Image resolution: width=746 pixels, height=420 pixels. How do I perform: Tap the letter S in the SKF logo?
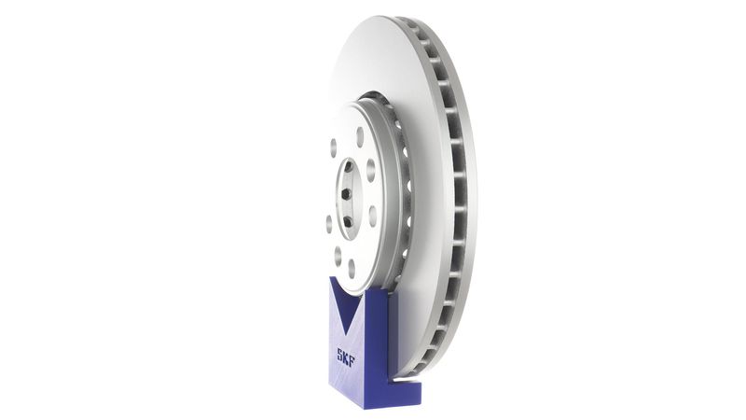coord(341,356)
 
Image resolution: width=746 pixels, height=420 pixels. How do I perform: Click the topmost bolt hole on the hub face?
coord(360,136)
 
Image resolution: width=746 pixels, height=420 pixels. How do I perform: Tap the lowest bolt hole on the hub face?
coord(352,268)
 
